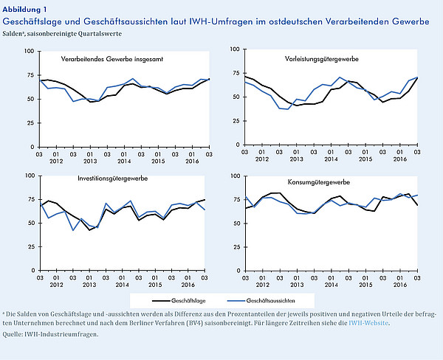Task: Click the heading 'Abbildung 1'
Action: click(24, 10)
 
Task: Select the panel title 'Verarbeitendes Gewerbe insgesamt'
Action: click(112, 59)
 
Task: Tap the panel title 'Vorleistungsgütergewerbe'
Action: click(321, 59)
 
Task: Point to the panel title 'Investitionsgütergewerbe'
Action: click(113, 179)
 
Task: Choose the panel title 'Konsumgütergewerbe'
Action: click(319, 182)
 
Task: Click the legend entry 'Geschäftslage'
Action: click(188, 301)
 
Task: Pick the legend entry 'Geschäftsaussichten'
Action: click(270, 301)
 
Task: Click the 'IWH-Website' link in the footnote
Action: click(368, 322)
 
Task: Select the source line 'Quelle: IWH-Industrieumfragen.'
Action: click(50, 334)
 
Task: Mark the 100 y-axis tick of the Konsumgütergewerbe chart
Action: click(235, 176)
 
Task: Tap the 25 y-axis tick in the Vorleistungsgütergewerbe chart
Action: click(236, 121)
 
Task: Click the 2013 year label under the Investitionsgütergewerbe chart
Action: click(89, 285)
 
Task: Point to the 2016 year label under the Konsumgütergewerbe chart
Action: click(400, 285)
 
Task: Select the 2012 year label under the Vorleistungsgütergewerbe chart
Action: click(262, 159)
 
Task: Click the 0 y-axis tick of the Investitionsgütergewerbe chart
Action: click(33, 271)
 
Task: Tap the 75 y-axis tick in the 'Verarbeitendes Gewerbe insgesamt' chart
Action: click(30, 75)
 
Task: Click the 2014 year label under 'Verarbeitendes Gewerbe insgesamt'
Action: click(124, 162)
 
